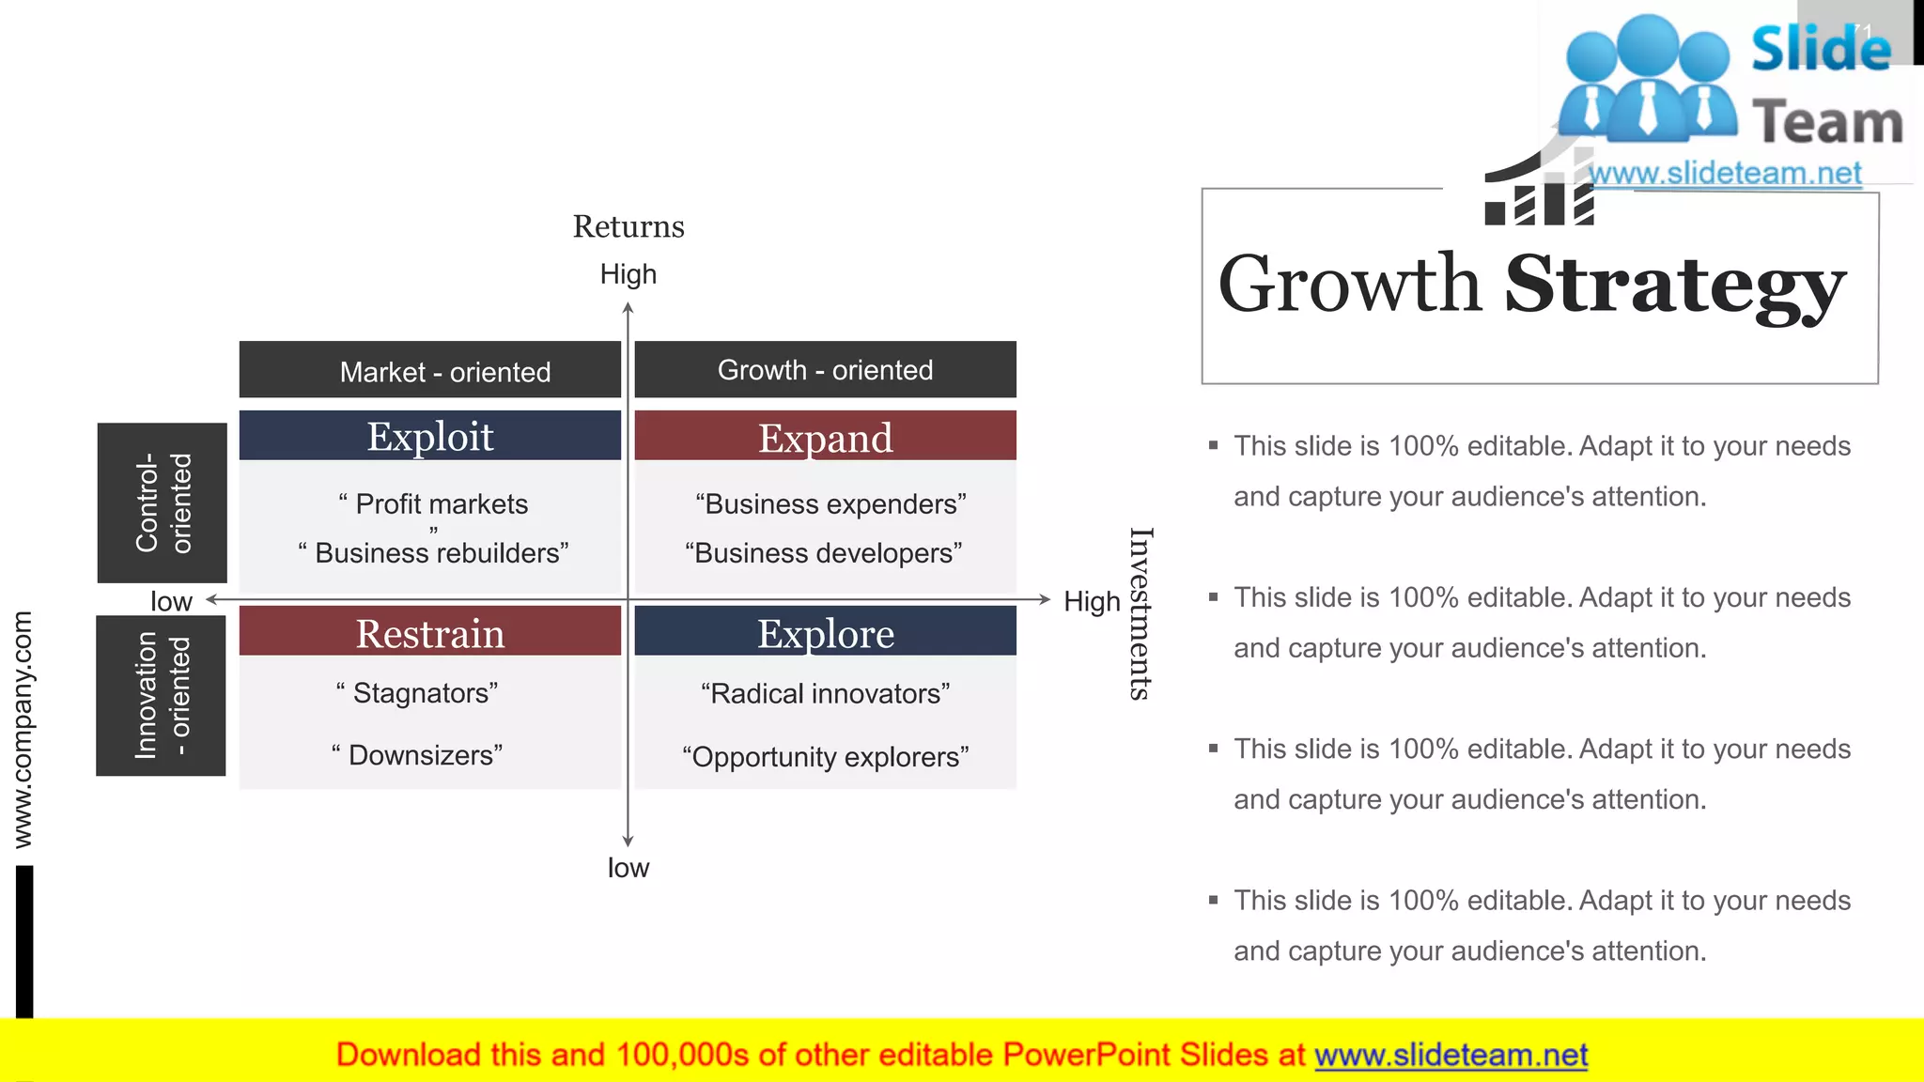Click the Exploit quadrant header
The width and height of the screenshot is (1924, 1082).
tap(429, 436)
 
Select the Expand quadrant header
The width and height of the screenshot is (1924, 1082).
tap(825, 437)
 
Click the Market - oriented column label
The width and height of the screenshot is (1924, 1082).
tap(444, 372)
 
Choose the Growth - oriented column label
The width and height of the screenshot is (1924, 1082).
tap(825, 370)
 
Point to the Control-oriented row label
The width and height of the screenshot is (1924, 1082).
tap(163, 502)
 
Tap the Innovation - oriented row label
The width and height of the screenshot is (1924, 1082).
tap(162, 695)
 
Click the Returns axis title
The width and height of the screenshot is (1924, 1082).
tap(628, 226)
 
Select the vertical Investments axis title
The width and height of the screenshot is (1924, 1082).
tap(1140, 613)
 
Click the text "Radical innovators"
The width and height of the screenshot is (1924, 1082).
tap(825, 693)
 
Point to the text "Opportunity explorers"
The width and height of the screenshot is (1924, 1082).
tap(825, 756)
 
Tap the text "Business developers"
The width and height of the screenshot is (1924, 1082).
tap(823, 552)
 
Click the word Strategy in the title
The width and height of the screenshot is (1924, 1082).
tap(1674, 285)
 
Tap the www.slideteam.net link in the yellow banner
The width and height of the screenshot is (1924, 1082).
tap(1451, 1055)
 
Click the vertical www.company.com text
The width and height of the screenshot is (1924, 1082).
tap(23, 729)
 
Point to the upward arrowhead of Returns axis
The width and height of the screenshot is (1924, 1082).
tap(628, 307)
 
